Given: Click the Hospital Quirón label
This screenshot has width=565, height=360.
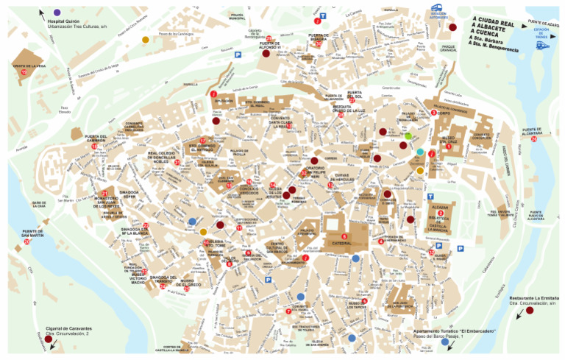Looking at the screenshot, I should (63, 21).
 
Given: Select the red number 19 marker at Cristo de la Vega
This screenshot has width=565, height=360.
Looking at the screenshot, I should (24, 72).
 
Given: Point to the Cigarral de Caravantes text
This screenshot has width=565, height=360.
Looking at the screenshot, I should (68, 328).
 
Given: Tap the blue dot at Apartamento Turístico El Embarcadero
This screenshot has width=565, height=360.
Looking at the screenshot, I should (444, 342).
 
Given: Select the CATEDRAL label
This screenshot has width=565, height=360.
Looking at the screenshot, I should (344, 244).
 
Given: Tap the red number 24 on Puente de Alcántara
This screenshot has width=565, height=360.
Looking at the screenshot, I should (534, 139).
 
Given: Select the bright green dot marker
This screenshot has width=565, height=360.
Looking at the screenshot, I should (408, 135).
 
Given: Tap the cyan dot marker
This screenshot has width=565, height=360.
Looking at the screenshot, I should (420, 152).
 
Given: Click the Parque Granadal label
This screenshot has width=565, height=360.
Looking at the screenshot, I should (448, 49).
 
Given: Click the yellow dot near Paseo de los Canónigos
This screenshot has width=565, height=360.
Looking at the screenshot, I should (145, 40).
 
